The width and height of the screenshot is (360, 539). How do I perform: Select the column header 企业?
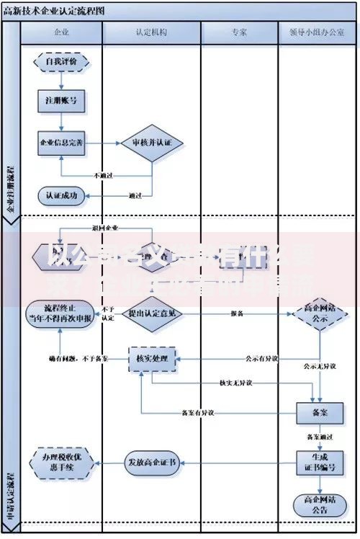(x=61, y=33)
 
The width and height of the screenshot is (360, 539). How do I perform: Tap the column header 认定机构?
(x=151, y=33)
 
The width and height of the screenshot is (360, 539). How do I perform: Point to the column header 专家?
(x=239, y=33)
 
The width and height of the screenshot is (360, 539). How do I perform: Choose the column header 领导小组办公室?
(x=317, y=33)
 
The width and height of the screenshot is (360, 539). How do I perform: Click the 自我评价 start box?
(x=61, y=62)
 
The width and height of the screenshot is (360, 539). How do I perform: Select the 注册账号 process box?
(x=61, y=102)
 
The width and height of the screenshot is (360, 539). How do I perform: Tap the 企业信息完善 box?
(x=61, y=143)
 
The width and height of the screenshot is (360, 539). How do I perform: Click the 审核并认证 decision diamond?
(x=152, y=143)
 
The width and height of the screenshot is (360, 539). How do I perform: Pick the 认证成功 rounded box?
(x=61, y=195)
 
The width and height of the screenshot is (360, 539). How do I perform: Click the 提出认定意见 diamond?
(x=151, y=314)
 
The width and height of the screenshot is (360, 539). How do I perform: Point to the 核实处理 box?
(x=152, y=358)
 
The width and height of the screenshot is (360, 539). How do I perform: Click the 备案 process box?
(x=317, y=412)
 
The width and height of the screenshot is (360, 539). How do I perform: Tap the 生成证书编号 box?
(x=317, y=462)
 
